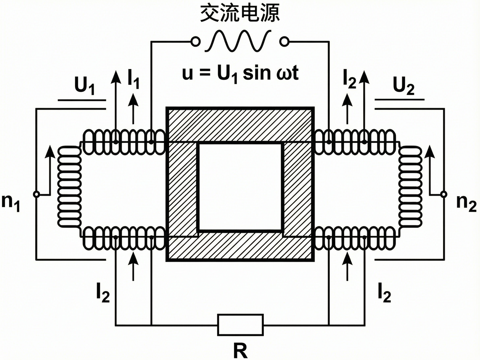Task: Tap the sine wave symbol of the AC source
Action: pos(238,41)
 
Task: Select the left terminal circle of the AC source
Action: pos(195,42)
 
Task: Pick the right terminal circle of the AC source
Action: pos(284,42)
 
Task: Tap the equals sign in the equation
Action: pos(204,74)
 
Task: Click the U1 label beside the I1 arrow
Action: pos(84,86)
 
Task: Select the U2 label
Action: pos(403,86)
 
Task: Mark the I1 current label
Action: pos(133,79)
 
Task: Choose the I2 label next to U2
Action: pos(349,79)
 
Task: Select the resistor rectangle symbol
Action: pos(240,325)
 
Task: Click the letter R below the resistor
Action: pos(240,351)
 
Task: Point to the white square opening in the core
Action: pos(240,187)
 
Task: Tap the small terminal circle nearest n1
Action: pos(37,194)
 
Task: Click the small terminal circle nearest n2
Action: pos(443,194)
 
